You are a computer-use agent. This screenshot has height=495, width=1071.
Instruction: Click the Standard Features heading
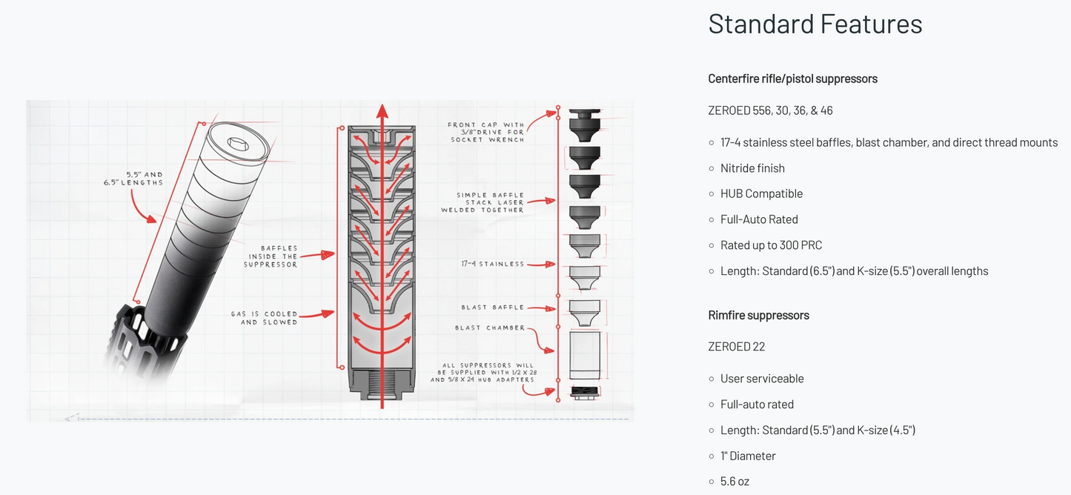pyautogui.click(x=815, y=24)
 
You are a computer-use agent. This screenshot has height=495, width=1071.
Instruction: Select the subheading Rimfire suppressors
pyautogui.click(x=758, y=315)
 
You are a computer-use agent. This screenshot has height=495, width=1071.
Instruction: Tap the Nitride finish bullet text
pyautogui.click(x=752, y=168)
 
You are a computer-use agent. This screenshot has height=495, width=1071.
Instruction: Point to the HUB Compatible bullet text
pyautogui.click(x=761, y=193)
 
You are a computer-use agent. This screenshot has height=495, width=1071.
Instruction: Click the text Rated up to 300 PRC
pyautogui.click(x=771, y=245)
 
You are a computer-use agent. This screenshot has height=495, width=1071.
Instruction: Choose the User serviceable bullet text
pyautogui.click(x=762, y=379)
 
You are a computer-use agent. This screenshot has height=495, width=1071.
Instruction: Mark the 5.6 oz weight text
pyautogui.click(x=735, y=482)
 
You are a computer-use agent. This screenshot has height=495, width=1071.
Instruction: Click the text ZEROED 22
pyautogui.click(x=736, y=347)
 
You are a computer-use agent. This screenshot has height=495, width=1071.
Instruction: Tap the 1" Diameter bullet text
pyautogui.click(x=748, y=456)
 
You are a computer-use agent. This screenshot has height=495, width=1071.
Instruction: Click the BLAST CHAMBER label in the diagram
pyautogui.click(x=489, y=328)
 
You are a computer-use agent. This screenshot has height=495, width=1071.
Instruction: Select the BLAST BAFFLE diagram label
pyautogui.click(x=492, y=308)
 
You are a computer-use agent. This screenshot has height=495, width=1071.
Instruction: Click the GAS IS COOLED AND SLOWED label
pyautogui.click(x=264, y=318)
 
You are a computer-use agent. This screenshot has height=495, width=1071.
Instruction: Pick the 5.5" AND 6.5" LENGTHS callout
pyautogui.click(x=133, y=179)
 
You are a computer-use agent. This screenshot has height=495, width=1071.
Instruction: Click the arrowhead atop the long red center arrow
pyautogui.click(x=382, y=112)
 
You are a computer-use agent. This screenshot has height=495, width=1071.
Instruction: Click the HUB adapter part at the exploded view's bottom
pyautogui.click(x=584, y=392)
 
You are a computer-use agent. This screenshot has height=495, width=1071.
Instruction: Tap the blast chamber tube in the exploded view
pyautogui.click(x=584, y=353)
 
